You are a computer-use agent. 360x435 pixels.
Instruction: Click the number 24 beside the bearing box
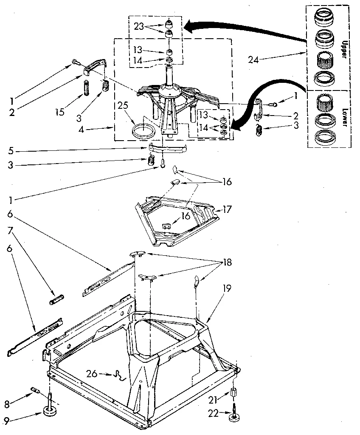253,59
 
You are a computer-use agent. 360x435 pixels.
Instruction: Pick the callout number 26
91,374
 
